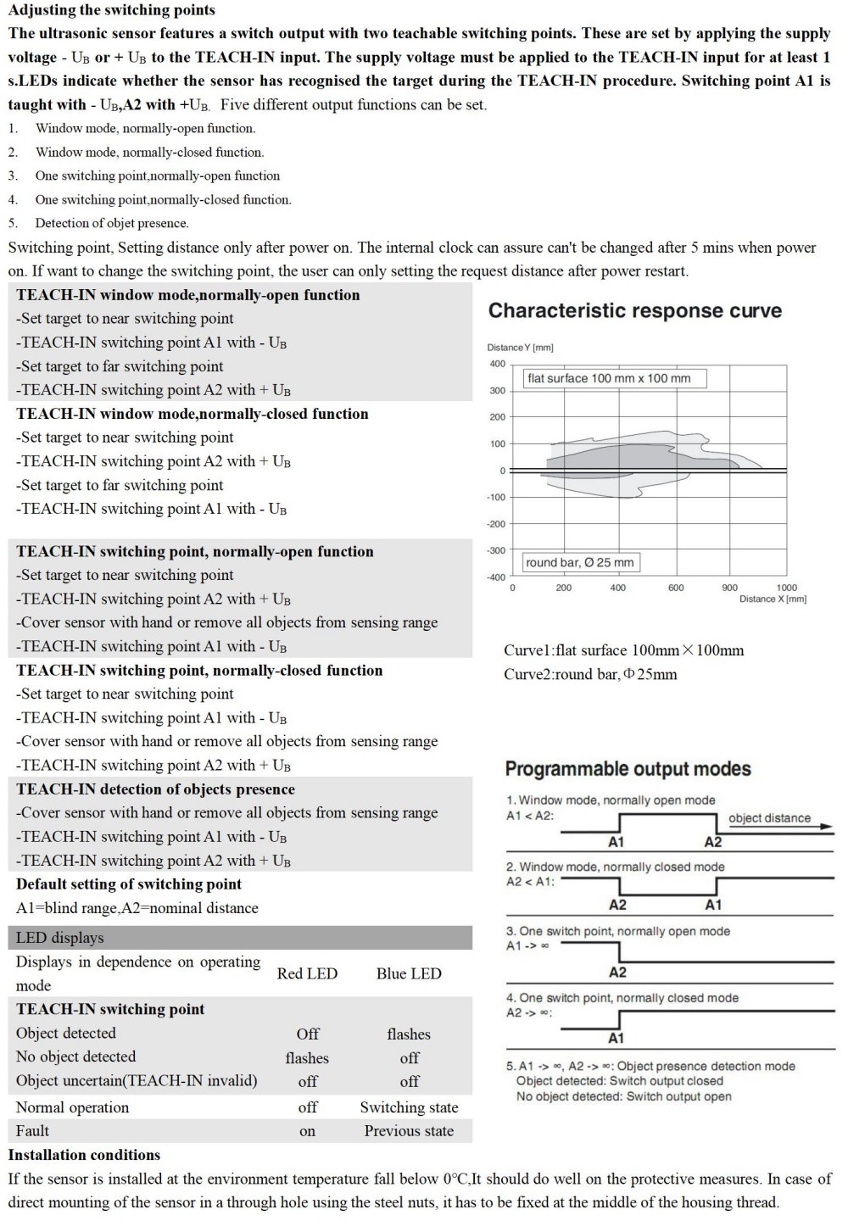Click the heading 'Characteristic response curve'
click(x=634, y=311)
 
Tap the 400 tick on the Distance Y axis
click(x=497, y=364)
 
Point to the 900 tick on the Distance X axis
click(x=729, y=588)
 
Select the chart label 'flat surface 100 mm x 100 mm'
click(x=608, y=378)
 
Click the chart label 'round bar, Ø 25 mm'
click(x=579, y=562)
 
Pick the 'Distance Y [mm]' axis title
click(x=520, y=348)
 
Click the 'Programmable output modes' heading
click(x=628, y=769)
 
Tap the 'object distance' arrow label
click(x=769, y=818)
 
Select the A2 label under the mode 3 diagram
click(x=617, y=973)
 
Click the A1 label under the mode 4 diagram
click(x=616, y=1038)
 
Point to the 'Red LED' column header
click(x=307, y=973)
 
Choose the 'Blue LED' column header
click(x=409, y=973)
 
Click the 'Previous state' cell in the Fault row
click(x=409, y=1131)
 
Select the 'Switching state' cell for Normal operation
click(x=409, y=1107)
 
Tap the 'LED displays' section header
click(x=59, y=938)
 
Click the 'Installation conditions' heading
click(x=84, y=1155)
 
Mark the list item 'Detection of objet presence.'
click(x=112, y=223)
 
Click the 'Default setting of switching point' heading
click(x=129, y=884)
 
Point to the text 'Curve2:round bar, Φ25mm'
click(x=590, y=675)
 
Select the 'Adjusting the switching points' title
click(x=111, y=10)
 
